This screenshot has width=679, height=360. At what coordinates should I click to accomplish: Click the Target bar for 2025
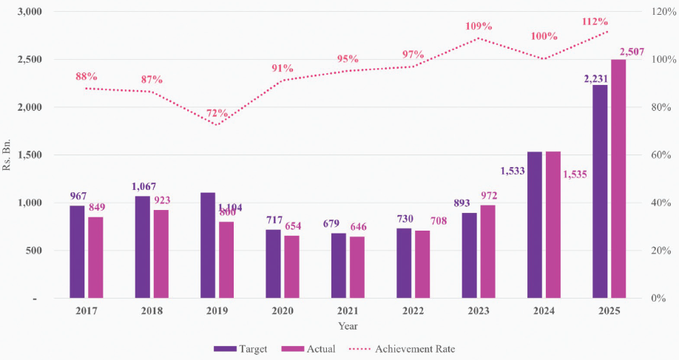coord(600,191)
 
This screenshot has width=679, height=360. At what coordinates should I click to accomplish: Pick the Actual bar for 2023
coord(487,251)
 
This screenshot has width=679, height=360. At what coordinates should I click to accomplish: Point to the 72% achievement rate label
coord(217,113)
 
